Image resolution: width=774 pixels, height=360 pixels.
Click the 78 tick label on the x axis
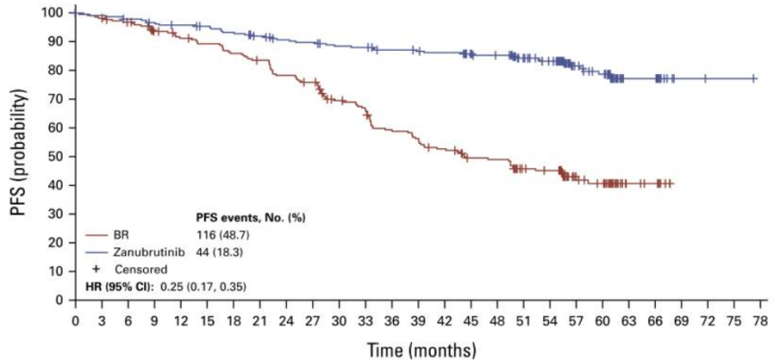[x=759, y=319]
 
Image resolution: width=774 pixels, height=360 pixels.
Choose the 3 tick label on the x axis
[x=102, y=319]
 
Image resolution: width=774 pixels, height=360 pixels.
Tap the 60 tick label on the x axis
[x=602, y=319]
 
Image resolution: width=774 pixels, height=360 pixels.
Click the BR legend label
[x=122, y=235]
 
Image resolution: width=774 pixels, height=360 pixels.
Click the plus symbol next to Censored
[x=95, y=269]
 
